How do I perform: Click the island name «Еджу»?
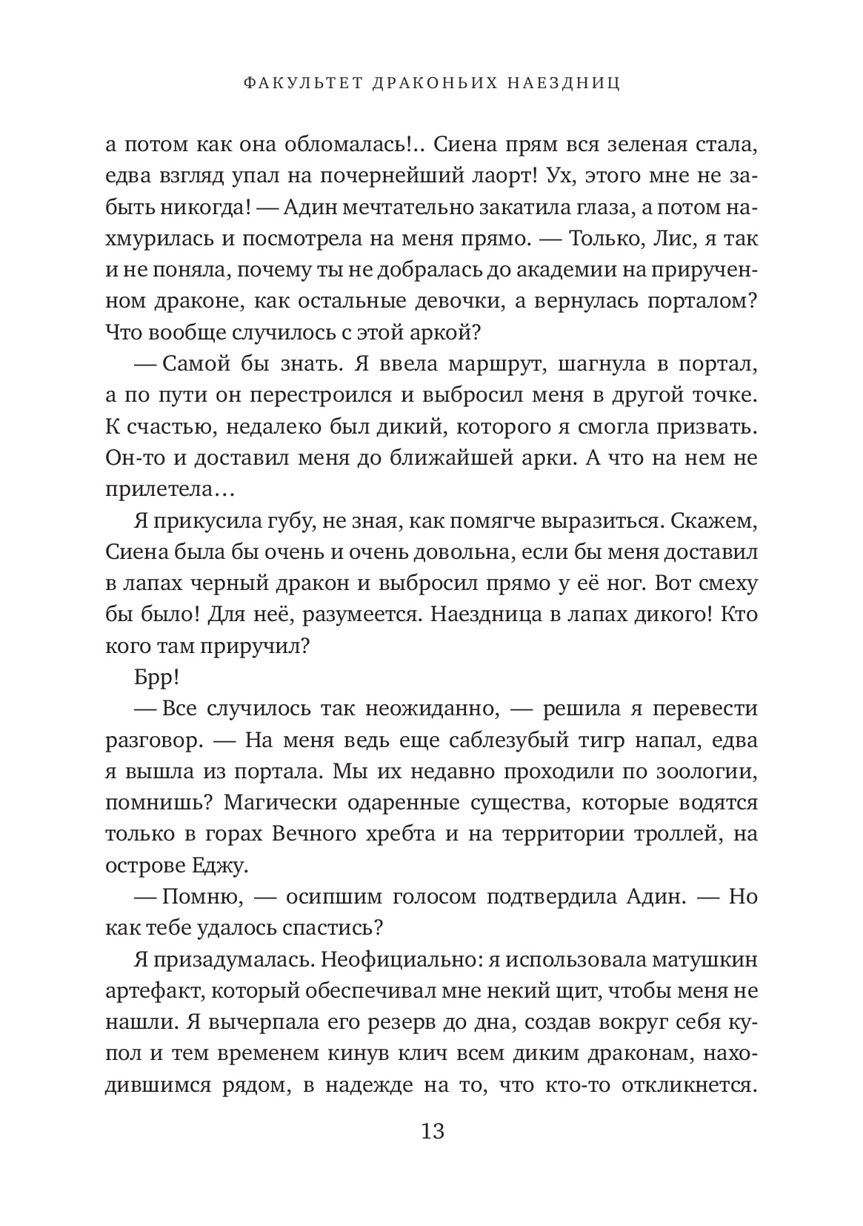221,865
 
